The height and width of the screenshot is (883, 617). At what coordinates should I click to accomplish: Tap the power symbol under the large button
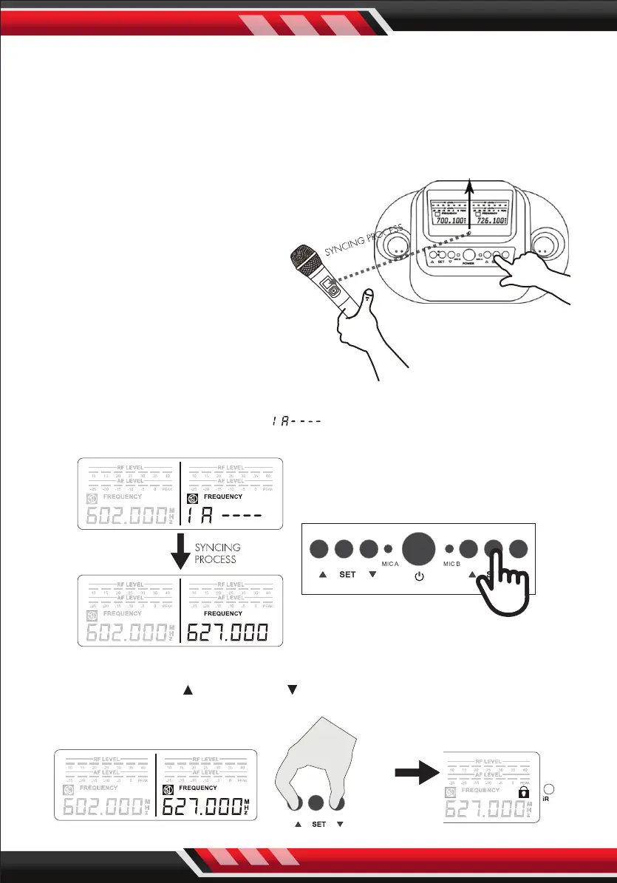click(x=419, y=575)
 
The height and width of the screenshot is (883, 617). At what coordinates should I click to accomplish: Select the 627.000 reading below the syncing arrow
click(x=227, y=633)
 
